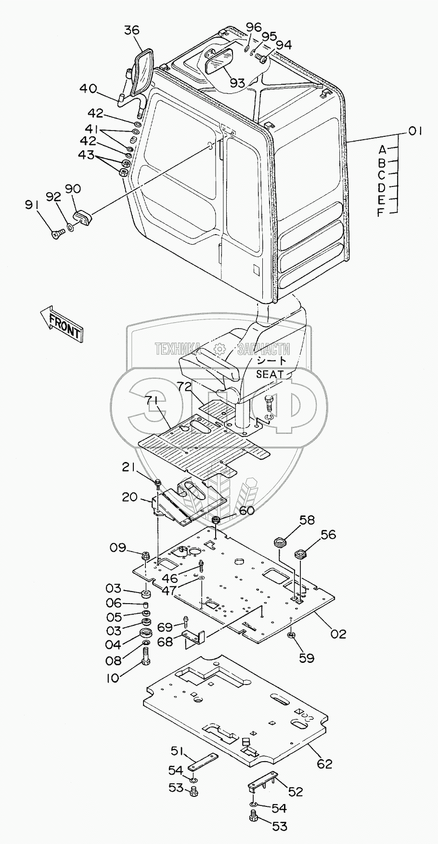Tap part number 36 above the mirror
(x=131, y=30)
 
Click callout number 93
(x=237, y=83)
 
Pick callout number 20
(x=129, y=497)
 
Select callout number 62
(x=325, y=764)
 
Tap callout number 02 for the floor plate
(x=338, y=633)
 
